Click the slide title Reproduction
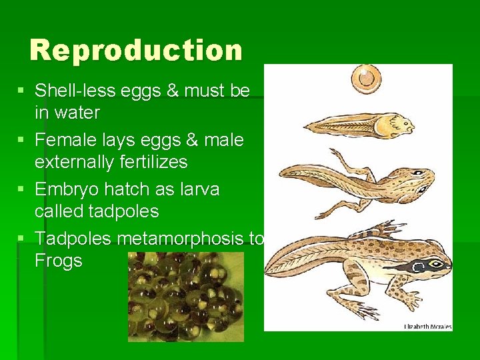(x=136, y=51)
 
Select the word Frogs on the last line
(x=59, y=261)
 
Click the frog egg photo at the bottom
(x=186, y=297)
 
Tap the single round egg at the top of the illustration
(x=366, y=77)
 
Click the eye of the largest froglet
(x=435, y=264)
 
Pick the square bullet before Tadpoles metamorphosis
(x=22, y=238)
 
